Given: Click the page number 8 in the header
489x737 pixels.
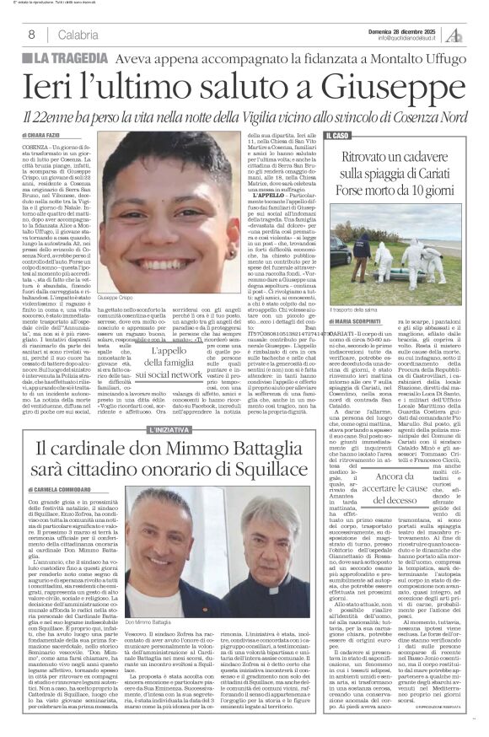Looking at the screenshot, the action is tap(30, 35).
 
